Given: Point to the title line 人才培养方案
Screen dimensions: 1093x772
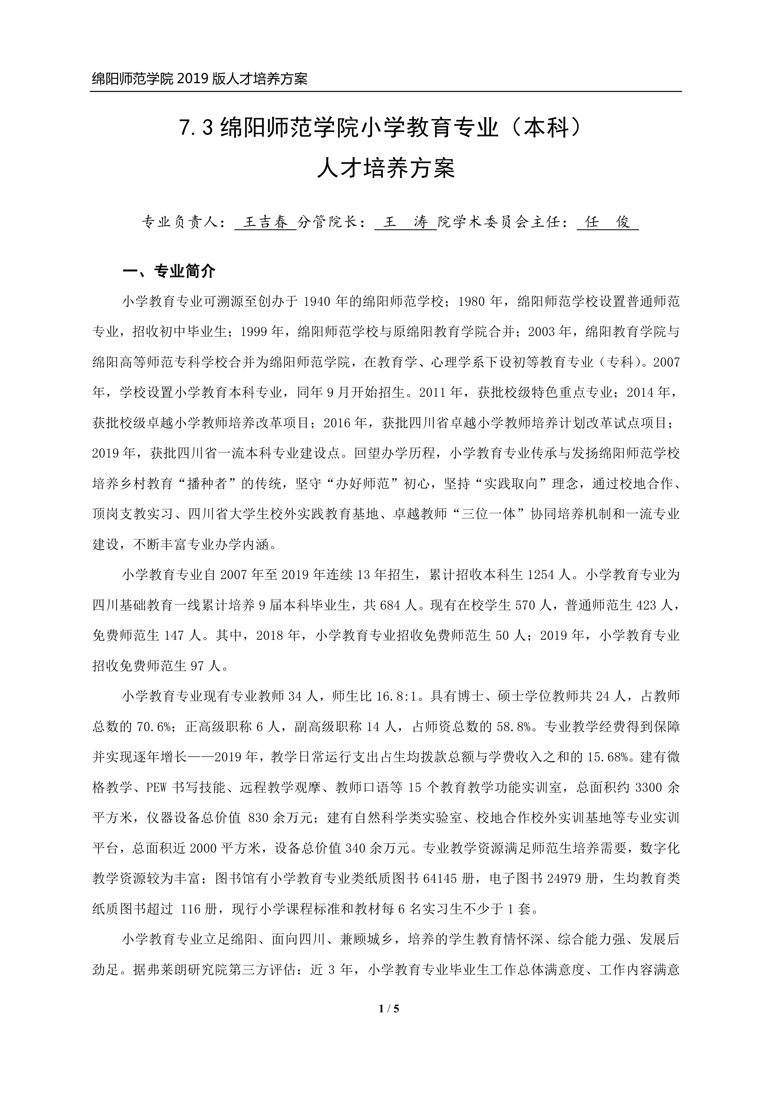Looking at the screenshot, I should tap(386, 169).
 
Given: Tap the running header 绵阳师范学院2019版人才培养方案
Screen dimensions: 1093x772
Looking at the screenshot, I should tap(200, 79).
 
